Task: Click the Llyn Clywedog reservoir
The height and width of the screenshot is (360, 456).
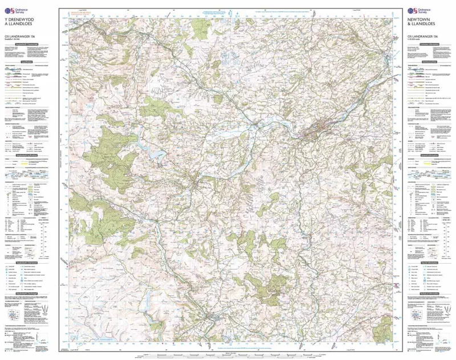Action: pos(155,153)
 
